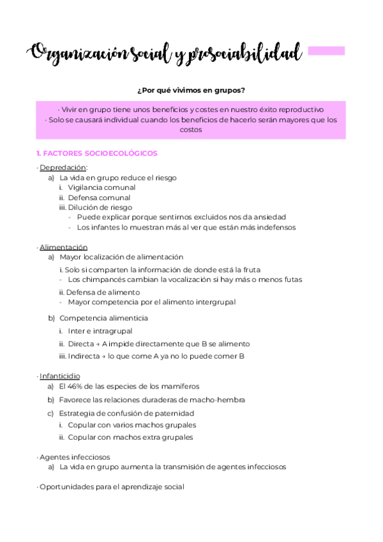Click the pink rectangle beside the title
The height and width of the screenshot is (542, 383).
[x=326, y=50]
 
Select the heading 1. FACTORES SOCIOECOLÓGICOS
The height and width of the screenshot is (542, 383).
[x=97, y=153]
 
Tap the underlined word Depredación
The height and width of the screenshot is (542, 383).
[x=63, y=167]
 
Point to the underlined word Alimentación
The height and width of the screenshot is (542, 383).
[x=63, y=247]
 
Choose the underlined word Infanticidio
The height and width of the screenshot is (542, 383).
[x=60, y=376]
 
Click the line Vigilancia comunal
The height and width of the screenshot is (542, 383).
[x=101, y=187]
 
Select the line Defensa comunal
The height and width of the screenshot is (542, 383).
[x=99, y=197]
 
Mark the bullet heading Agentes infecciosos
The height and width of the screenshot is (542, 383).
[x=75, y=457]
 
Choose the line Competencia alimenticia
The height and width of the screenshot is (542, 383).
[x=103, y=318]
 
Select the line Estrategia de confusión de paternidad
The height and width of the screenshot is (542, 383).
[x=126, y=413]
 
